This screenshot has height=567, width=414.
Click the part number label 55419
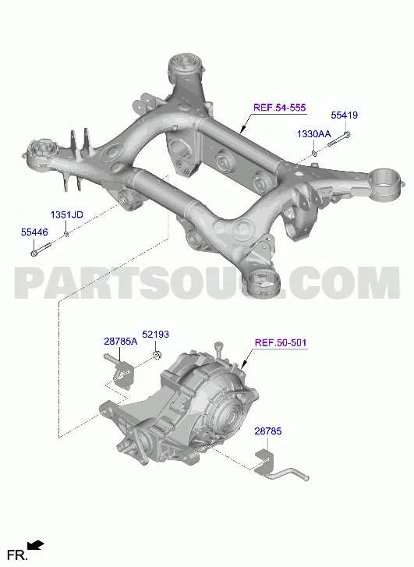pyautogui.click(x=344, y=115)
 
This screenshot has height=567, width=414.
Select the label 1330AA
pyautogui.click(x=314, y=134)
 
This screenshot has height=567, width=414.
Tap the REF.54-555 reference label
pyautogui.click(x=279, y=108)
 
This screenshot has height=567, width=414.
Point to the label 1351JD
pyautogui.click(x=66, y=214)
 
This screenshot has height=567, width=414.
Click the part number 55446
pyautogui.click(x=34, y=232)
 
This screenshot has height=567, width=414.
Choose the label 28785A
pyautogui.click(x=121, y=341)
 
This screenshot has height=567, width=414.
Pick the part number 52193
pyautogui.click(x=155, y=334)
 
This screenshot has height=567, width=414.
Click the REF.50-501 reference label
pyautogui.click(x=281, y=342)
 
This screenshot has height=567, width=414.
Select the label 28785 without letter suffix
pyautogui.click(x=268, y=431)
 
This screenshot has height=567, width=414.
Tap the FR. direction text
pyautogui.click(x=17, y=555)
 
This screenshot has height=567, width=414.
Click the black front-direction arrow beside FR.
pyautogui.click(x=36, y=545)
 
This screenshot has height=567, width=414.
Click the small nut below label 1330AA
pyautogui.click(x=314, y=154)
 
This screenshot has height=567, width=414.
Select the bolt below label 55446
pyautogui.click(x=41, y=249)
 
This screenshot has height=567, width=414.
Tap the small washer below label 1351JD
pyautogui.click(x=66, y=234)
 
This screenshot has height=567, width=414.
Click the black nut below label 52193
pyautogui.click(x=157, y=355)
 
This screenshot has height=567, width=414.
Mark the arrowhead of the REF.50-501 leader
pyautogui.click(x=243, y=365)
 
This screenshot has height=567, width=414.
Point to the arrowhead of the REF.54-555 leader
pyautogui.click(x=242, y=129)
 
